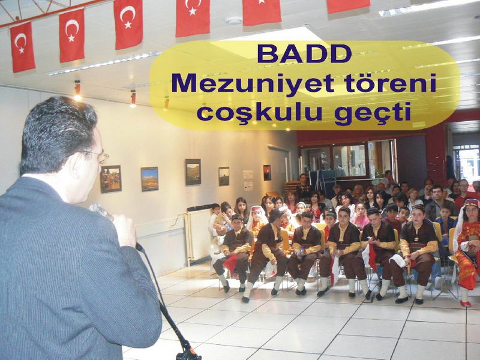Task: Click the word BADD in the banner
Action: pos(304,53)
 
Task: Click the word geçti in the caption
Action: pos(373,113)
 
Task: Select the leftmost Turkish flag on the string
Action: pos(22,47)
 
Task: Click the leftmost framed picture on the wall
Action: pos(111,179)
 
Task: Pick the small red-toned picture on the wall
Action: pos(267,173)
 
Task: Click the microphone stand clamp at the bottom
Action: pos(188,353)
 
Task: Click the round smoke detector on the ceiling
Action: pos(233,20)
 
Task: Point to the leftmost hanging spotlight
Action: pos(77,91)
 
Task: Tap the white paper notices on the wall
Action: pos(248,181)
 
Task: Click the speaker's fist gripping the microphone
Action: pos(125,230)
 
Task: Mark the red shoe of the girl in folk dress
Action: pos(466,304)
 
